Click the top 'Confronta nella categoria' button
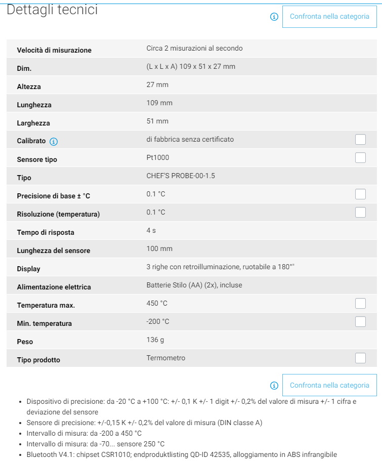point(329,17)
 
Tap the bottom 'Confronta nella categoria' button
point(329,385)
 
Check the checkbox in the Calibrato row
point(360,140)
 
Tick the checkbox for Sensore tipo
point(360,158)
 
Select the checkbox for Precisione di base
point(360,194)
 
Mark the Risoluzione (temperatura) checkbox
point(360,213)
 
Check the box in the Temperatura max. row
point(360,304)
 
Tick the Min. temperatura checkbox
point(360,322)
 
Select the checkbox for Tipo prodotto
point(360,358)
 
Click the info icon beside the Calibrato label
point(54,141)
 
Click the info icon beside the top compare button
point(274,17)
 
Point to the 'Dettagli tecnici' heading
point(52,10)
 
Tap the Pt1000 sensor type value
point(158,158)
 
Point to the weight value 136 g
point(155,340)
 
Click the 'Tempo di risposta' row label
point(46,233)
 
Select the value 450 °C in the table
point(157,304)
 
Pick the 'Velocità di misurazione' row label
point(54,51)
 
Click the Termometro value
point(166,358)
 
